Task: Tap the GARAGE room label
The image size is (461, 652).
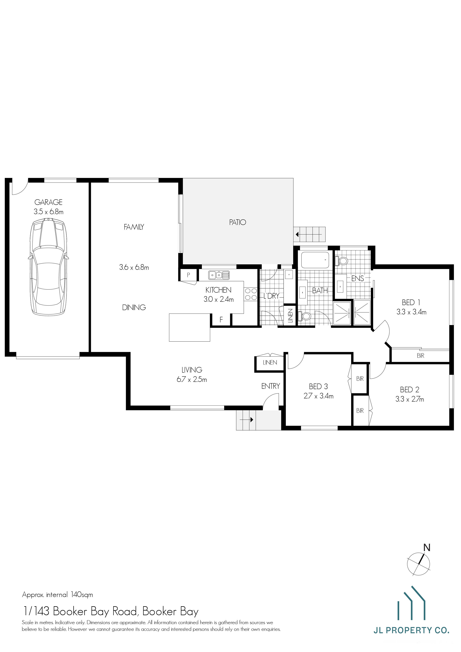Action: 49,202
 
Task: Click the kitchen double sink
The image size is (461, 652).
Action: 219,275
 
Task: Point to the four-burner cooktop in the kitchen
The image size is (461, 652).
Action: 251,294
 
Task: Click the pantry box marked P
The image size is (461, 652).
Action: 188,275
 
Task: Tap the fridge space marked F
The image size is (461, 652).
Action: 221,320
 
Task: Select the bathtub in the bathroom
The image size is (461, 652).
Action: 315,260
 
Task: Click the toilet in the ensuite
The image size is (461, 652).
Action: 342,261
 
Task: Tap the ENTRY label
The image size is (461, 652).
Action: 270,386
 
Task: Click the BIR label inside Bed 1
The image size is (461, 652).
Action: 420,355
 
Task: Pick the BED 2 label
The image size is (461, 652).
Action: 409,390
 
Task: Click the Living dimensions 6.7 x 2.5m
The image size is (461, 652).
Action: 192,379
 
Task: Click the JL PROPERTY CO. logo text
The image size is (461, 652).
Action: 411,630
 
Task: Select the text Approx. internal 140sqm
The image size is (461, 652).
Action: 57,595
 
